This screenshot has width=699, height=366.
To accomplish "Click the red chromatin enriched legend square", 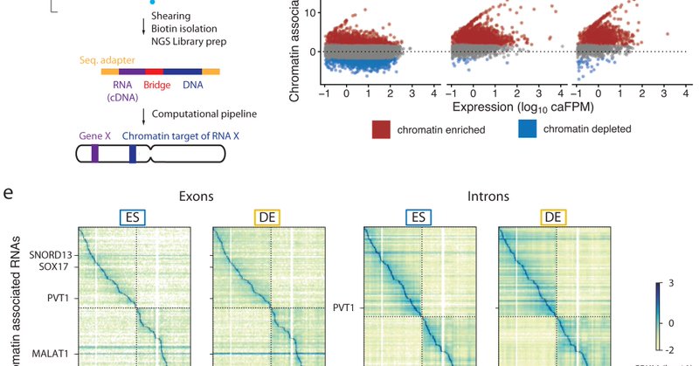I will [x=380, y=130].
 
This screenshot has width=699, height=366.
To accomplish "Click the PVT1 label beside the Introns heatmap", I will [x=344, y=307].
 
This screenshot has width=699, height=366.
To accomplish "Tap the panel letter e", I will [x=8, y=190].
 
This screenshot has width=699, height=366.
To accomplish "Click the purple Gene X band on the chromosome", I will [x=94, y=155].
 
